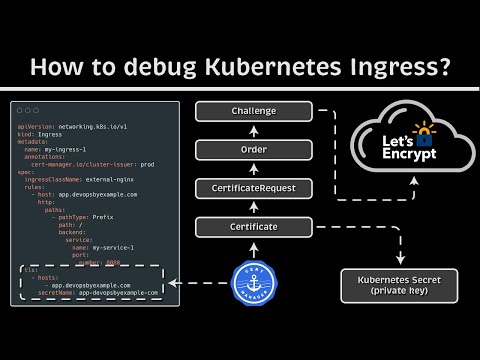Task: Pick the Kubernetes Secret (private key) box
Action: coord(400,286)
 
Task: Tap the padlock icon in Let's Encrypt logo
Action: coord(427,131)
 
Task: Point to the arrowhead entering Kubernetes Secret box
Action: coord(400,262)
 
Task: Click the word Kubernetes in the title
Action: coord(240,68)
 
